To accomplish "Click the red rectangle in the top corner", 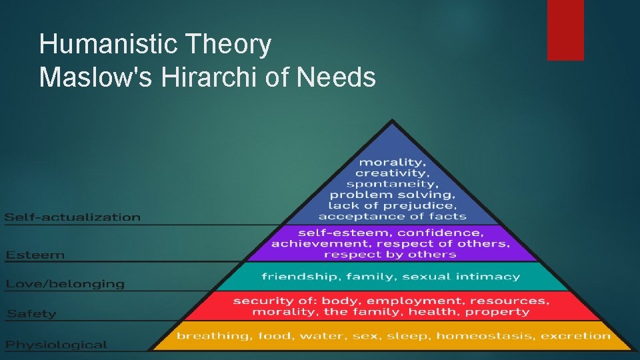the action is tap(565, 30).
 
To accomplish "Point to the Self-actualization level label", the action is tap(73, 217).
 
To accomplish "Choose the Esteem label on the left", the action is tap(36, 255).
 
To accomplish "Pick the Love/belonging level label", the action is tap(65, 284).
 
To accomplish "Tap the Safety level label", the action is tap(32, 313).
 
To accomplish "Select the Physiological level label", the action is tap(57, 345).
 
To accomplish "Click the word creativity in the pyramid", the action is tap(391, 173).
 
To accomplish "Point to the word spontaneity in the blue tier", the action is tap(392, 184).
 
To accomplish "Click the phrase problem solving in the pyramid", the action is tap(393, 195).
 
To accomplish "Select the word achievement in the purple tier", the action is tap(311, 243).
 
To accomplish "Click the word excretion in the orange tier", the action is tap(575, 335).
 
